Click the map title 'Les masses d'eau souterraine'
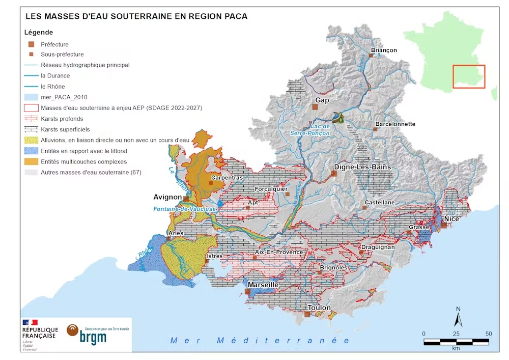pyautogui.click(x=136, y=16)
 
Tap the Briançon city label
pyautogui.click(x=384, y=50)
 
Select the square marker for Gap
pyautogui.click(x=316, y=108)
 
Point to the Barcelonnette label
pyautogui.click(x=395, y=124)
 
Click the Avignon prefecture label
pyautogui.click(x=167, y=197)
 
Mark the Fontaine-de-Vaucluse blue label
pyautogui.click(x=185, y=209)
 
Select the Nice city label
pyautogui.click(x=451, y=219)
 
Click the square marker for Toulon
pyautogui.click(x=307, y=314)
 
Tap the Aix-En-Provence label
pyautogui.click(x=278, y=252)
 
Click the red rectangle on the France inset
pyautogui.click(x=469, y=76)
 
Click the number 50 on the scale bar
pyautogui.click(x=489, y=334)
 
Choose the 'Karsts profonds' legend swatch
pyautogui.click(x=32, y=119)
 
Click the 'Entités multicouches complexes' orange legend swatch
pyautogui.click(x=32, y=161)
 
